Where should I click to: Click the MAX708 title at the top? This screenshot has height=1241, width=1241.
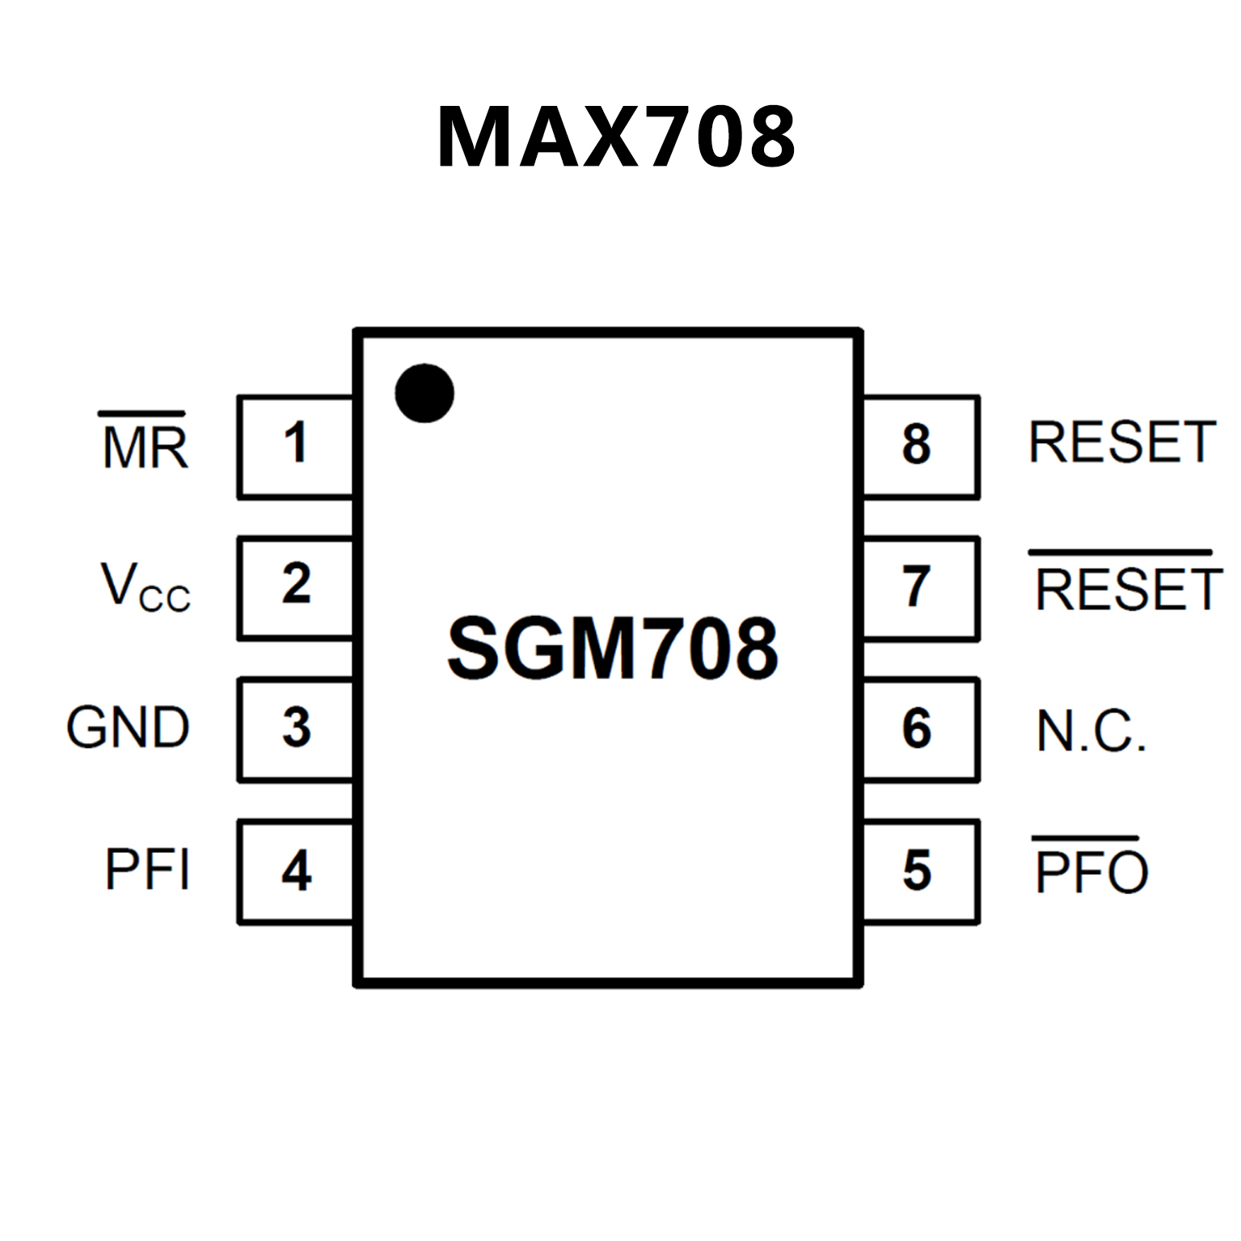pos(617,137)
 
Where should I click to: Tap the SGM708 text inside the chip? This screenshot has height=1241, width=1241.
pos(613,648)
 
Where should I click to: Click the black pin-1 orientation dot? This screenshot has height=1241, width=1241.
pos(424,393)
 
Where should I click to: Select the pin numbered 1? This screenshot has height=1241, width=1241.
pos(296,446)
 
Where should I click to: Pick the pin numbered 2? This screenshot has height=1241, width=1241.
pos(296,587)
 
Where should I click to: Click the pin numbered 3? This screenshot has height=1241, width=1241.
pos(296,729)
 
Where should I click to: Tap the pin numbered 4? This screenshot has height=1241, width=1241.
pos(296,872)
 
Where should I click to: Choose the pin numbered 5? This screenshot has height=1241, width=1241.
pos(920,872)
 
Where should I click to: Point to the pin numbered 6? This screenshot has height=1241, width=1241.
pos(920,729)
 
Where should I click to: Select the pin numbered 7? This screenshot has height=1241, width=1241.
pos(920,588)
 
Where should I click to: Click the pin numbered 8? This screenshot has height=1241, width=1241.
pos(920,446)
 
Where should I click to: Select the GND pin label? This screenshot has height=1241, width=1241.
pos(128,728)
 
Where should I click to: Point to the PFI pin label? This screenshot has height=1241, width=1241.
pos(148,870)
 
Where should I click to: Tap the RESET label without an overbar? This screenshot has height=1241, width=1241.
pos(1122,443)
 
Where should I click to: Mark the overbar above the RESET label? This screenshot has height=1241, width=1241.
pos(1121,553)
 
